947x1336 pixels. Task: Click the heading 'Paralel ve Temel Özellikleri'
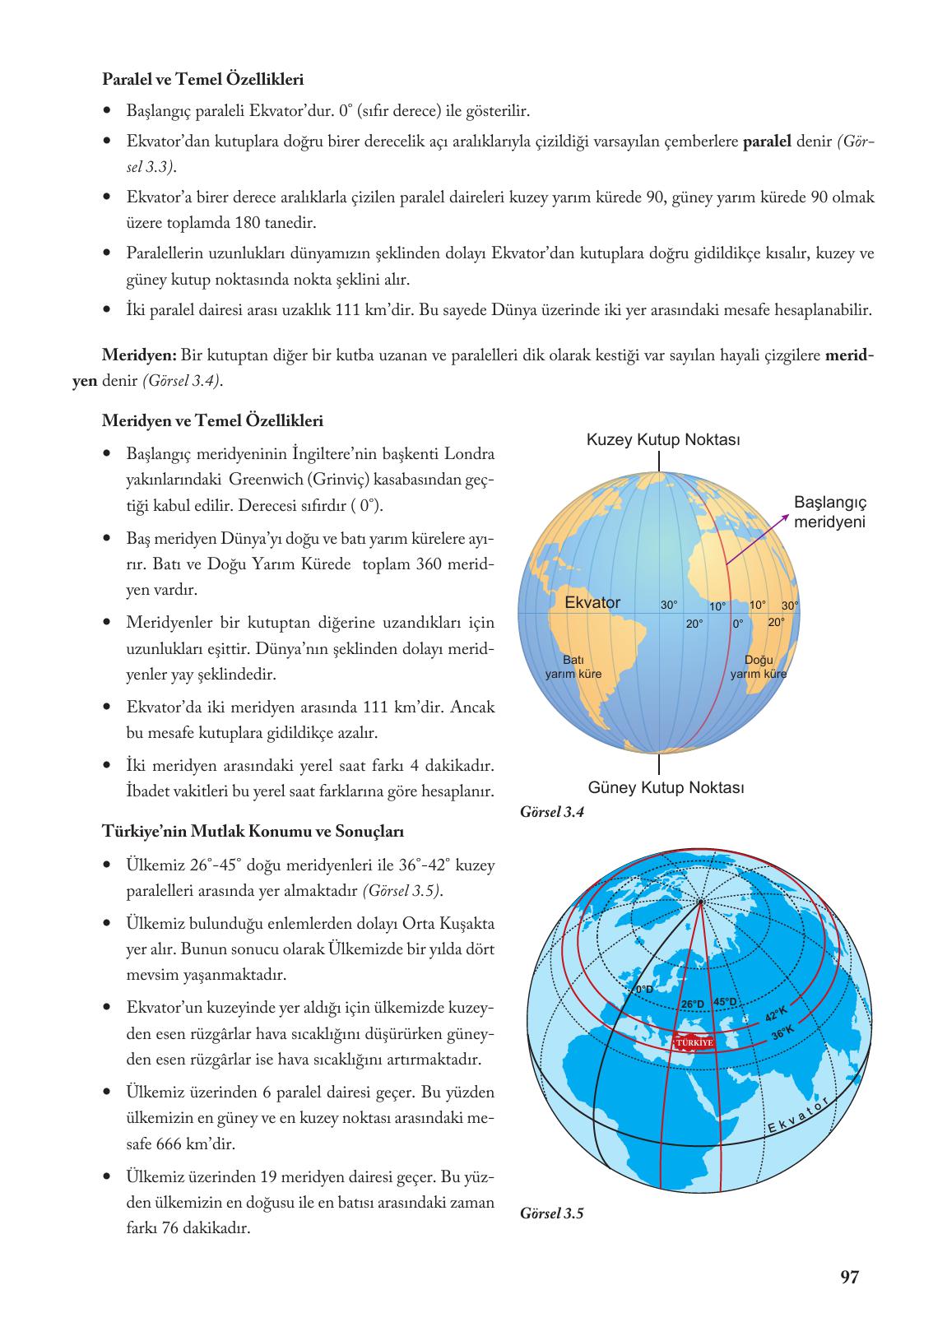click(x=202, y=80)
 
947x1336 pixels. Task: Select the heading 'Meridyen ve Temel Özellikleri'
click(x=212, y=421)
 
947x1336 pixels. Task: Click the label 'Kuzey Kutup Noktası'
click(x=663, y=440)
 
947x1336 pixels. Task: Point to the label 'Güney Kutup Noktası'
click(x=666, y=787)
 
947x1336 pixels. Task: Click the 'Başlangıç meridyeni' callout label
click(x=830, y=512)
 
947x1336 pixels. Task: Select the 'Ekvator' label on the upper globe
click(x=592, y=602)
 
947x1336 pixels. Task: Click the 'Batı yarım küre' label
click(x=573, y=667)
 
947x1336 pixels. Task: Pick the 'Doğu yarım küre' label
click(x=759, y=667)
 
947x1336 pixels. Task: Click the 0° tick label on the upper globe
click(x=738, y=624)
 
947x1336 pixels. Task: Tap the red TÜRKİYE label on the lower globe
click(x=694, y=1041)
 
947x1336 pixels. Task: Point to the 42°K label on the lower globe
click(x=776, y=1014)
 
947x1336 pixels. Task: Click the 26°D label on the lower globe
click(x=693, y=1004)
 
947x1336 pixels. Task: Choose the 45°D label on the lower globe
click(x=726, y=1002)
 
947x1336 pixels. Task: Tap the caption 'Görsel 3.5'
click(x=552, y=1213)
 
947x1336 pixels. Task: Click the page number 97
click(x=850, y=1277)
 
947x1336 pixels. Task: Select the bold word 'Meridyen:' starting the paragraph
click(x=139, y=355)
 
